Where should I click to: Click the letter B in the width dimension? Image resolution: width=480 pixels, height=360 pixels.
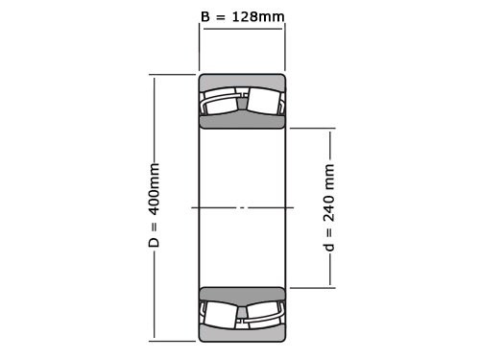(205, 16)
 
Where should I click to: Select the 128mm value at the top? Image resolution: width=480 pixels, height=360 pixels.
(257, 16)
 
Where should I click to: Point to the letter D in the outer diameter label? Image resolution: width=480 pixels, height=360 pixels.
(154, 242)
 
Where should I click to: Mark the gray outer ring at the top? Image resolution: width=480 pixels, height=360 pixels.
(242, 81)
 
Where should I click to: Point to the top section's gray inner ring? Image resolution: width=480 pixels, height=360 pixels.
(242, 122)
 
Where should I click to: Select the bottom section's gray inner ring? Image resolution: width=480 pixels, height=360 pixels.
(242, 294)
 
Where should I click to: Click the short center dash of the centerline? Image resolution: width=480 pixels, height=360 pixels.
(242, 207)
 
